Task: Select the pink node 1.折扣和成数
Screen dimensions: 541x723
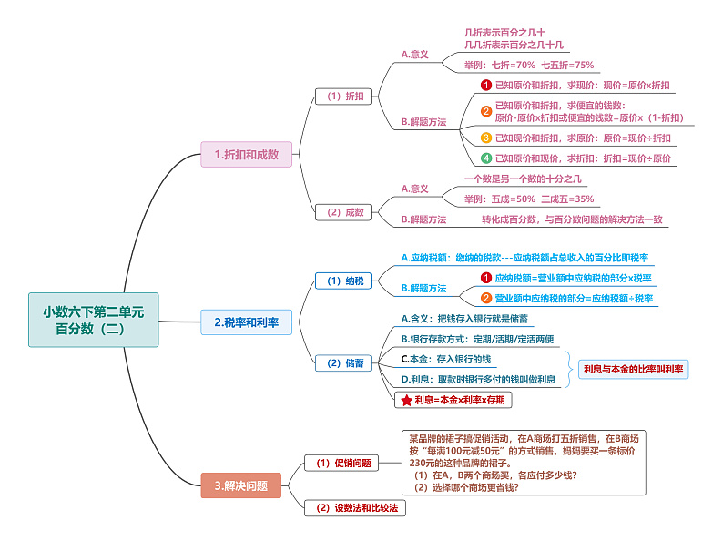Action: tap(247, 155)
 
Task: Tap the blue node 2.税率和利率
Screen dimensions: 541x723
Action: tap(247, 322)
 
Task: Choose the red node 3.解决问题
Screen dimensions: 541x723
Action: tap(241, 485)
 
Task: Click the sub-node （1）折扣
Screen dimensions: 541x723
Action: tap(344, 96)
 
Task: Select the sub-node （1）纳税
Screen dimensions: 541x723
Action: tap(344, 281)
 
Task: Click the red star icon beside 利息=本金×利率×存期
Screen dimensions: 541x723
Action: tap(406, 400)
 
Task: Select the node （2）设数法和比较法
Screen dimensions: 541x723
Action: tap(355, 508)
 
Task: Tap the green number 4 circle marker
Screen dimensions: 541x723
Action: tap(486, 158)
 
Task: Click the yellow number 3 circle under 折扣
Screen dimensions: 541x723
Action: tap(486, 138)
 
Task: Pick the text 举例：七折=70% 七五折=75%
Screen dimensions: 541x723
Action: tap(529, 65)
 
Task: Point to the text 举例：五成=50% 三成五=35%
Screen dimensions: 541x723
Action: tap(529, 199)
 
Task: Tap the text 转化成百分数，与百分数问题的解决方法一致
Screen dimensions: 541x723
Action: tap(572, 219)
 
